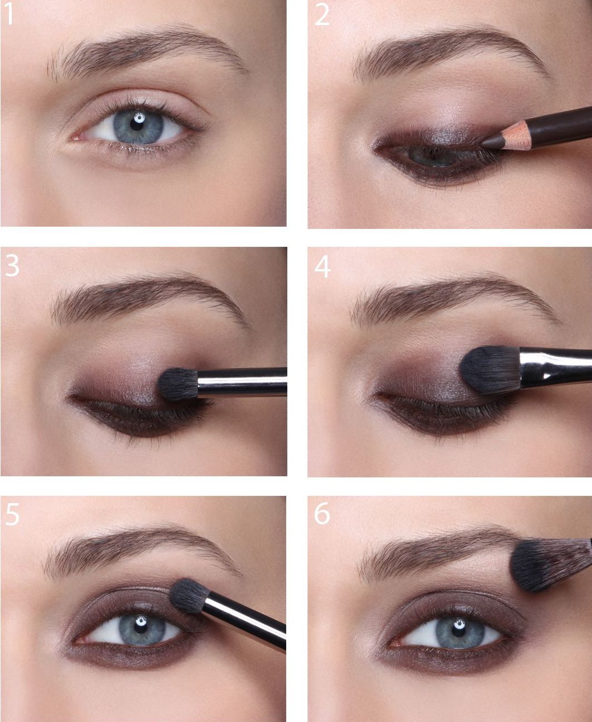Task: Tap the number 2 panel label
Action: pos(322,15)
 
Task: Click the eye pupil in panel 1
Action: pos(137,124)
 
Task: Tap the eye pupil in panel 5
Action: pos(141,627)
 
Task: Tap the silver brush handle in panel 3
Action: pos(242,382)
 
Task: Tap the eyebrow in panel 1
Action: pos(147,51)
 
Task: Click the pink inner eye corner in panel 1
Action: pos(75,137)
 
